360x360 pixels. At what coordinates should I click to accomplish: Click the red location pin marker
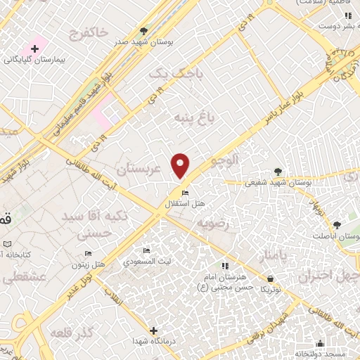tap(181, 165)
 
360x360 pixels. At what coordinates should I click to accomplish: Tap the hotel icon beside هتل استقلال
tap(185, 193)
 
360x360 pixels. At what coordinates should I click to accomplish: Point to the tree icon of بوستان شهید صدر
tap(143, 31)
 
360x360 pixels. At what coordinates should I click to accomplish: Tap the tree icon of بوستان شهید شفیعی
tap(278, 171)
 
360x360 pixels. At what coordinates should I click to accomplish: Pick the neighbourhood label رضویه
tap(213, 223)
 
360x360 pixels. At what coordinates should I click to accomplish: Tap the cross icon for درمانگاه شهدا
tap(154, 330)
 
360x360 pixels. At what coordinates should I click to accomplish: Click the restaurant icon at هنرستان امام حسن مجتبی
tap(225, 266)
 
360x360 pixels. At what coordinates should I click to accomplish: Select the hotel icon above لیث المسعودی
tap(146, 251)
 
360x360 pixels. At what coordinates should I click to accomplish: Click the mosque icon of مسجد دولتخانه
tap(321, 343)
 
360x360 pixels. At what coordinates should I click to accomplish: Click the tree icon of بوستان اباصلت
tap(337, 226)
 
